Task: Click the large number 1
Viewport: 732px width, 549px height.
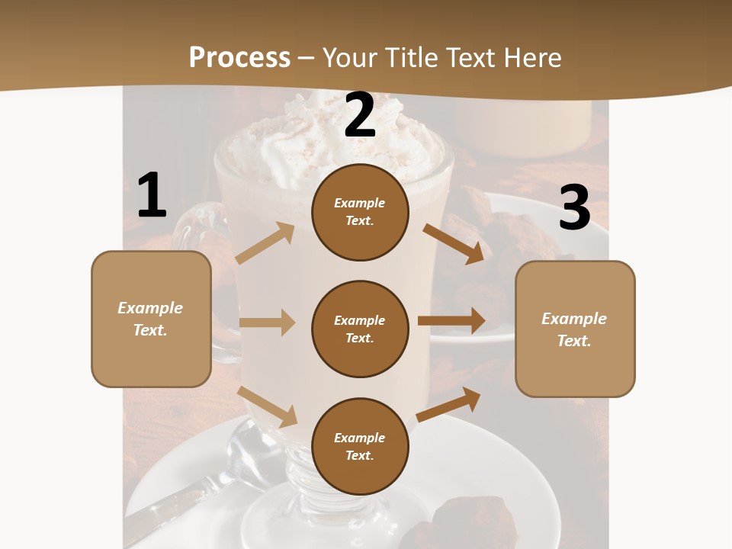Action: tap(152, 196)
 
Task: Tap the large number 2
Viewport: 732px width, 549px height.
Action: tap(360, 115)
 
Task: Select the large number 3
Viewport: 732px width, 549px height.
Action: tap(574, 208)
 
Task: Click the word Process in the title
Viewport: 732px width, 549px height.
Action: tap(239, 57)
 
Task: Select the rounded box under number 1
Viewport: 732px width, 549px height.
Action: tap(151, 319)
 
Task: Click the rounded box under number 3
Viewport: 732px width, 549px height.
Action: tap(575, 329)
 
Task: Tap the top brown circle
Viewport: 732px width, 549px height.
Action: tap(360, 212)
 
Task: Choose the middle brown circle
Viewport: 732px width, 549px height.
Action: tap(360, 329)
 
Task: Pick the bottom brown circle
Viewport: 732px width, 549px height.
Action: tap(360, 446)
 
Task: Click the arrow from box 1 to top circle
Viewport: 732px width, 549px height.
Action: tap(265, 243)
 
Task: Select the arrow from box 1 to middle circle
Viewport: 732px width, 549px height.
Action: tap(267, 323)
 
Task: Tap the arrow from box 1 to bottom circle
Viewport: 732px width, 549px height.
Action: tap(268, 406)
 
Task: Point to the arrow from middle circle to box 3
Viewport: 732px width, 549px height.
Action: tap(451, 320)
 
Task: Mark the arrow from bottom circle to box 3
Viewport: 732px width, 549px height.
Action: tap(449, 404)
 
